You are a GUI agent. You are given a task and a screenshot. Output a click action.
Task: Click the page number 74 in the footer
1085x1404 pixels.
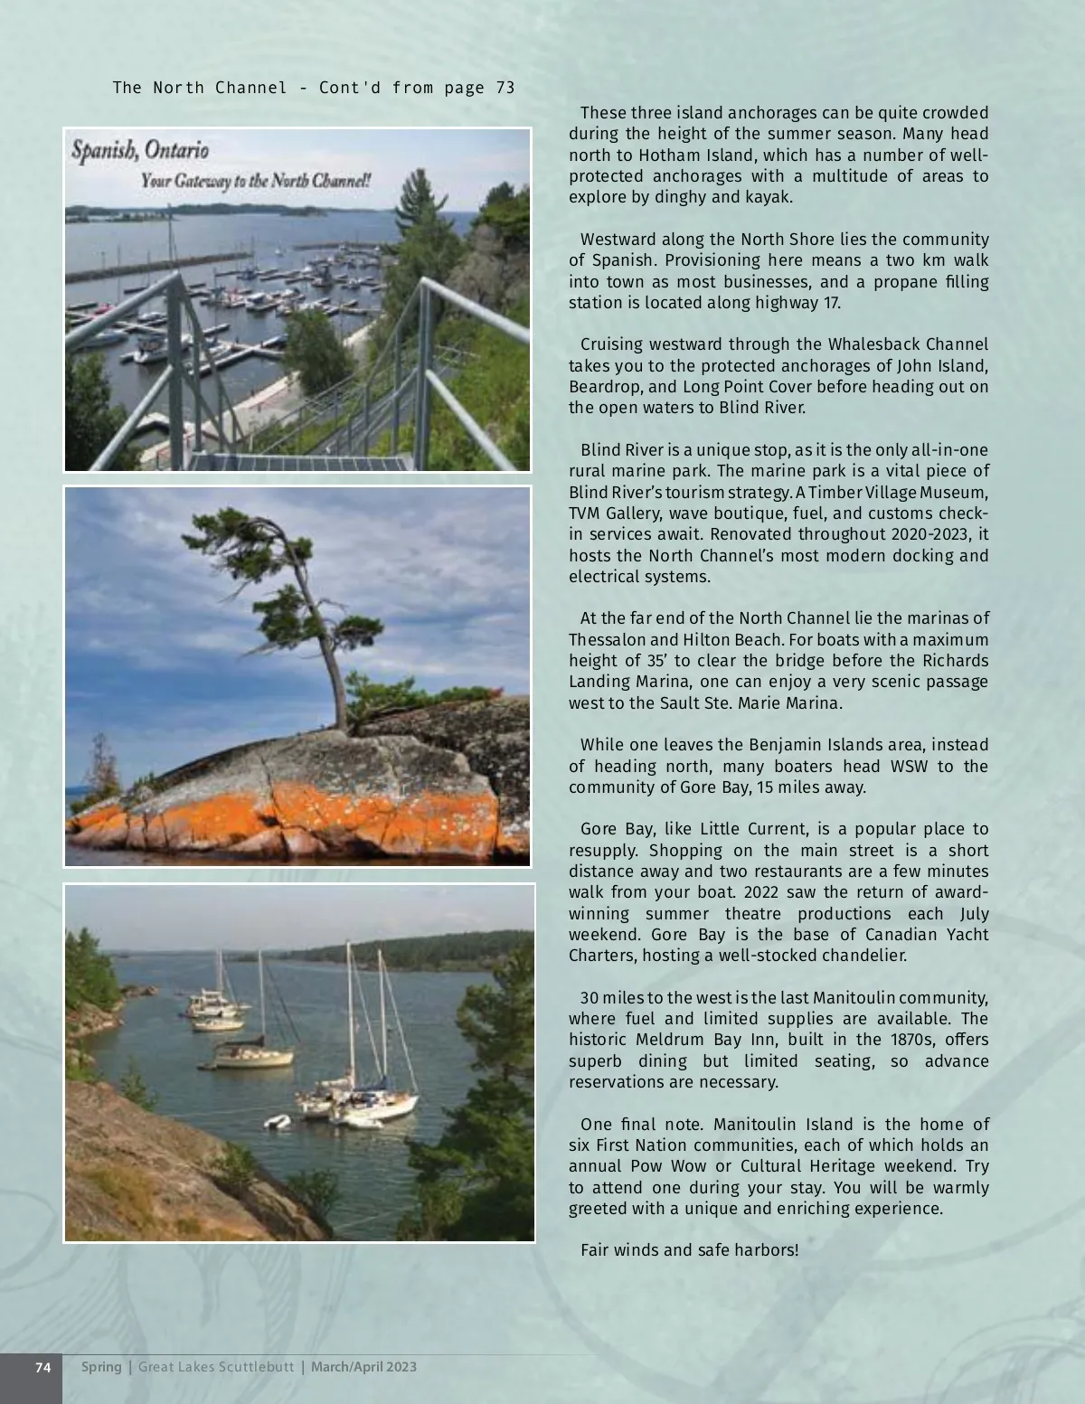point(42,1366)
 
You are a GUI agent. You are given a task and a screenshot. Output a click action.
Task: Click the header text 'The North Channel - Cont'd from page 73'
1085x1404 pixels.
point(314,88)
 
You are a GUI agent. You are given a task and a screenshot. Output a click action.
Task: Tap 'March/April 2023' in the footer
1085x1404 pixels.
point(363,1366)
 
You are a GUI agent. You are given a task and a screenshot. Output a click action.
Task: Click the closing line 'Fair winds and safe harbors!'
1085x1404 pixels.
point(689,1250)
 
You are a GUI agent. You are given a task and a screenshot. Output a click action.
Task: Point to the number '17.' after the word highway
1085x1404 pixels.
point(831,302)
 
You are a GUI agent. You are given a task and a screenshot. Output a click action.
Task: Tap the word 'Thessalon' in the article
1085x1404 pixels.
point(607,639)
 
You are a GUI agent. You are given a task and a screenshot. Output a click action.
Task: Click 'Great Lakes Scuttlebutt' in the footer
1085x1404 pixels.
point(216,1366)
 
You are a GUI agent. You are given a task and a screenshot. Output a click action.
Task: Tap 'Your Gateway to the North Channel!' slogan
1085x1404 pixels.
point(256,181)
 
